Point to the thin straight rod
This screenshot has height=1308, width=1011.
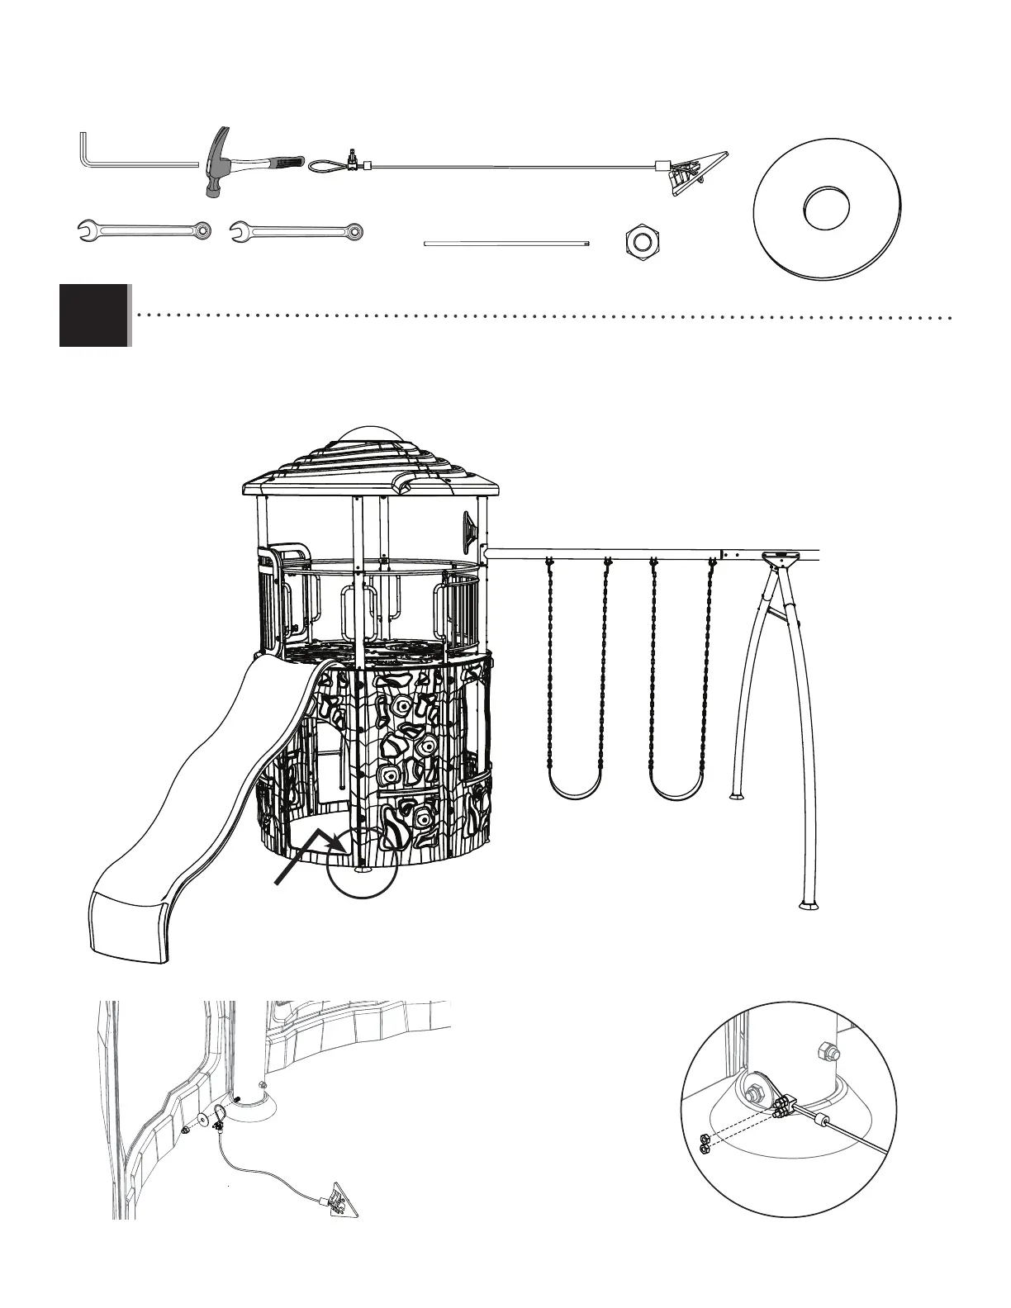point(507,244)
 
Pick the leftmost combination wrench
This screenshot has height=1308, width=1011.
point(144,230)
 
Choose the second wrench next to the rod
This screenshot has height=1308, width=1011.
point(296,231)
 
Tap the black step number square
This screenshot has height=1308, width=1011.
point(94,315)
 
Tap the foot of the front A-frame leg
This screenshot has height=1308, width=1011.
point(809,903)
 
